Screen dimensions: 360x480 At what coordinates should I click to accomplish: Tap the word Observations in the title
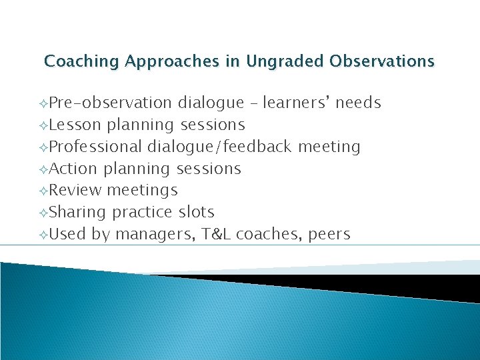[x=382, y=62]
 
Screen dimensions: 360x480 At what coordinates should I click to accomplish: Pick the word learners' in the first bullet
[x=297, y=103]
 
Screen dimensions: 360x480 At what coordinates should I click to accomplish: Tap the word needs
[x=358, y=103]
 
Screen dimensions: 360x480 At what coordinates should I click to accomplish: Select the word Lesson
[x=75, y=125]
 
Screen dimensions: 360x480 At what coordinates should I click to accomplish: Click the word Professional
[x=96, y=147]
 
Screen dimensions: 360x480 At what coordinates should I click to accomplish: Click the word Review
[x=75, y=191]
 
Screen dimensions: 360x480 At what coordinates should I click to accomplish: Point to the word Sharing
[x=77, y=213]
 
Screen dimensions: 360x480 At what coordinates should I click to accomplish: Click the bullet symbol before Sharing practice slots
[x=43, y=213]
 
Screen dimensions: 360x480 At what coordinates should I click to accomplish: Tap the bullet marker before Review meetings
[x=43, y=191]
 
